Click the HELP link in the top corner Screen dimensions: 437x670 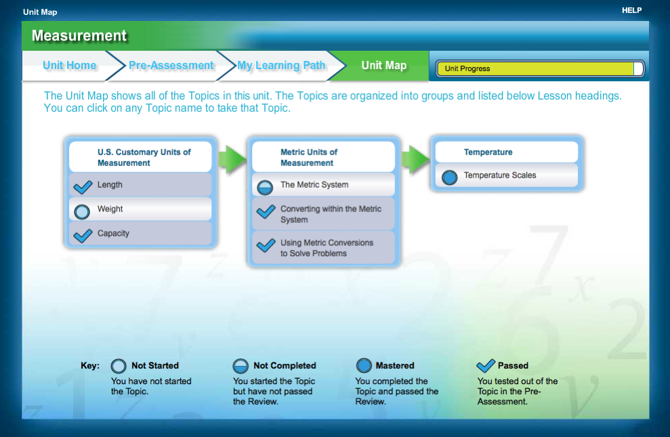631,10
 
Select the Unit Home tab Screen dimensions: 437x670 69,66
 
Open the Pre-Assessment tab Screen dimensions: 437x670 171,66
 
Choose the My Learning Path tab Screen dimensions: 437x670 281,66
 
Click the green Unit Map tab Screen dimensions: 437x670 384,66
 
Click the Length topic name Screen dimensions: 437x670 110,185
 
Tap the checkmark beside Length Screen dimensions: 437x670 82,186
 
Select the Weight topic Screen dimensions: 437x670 110,209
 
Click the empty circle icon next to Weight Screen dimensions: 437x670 82,211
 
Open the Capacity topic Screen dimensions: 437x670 113,234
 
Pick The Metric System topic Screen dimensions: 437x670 314,185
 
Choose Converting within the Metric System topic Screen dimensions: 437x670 331,214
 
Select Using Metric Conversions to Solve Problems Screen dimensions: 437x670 327,248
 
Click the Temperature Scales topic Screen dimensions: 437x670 500,175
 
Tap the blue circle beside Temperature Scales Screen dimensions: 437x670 448,177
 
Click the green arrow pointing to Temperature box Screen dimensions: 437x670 415,159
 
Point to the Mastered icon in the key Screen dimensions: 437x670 364,366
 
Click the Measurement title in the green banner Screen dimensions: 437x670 79,36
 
